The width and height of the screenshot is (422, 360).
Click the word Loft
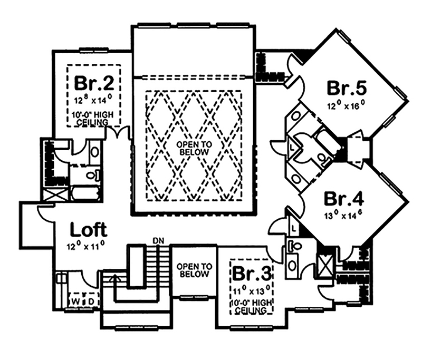pos(89,230)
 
